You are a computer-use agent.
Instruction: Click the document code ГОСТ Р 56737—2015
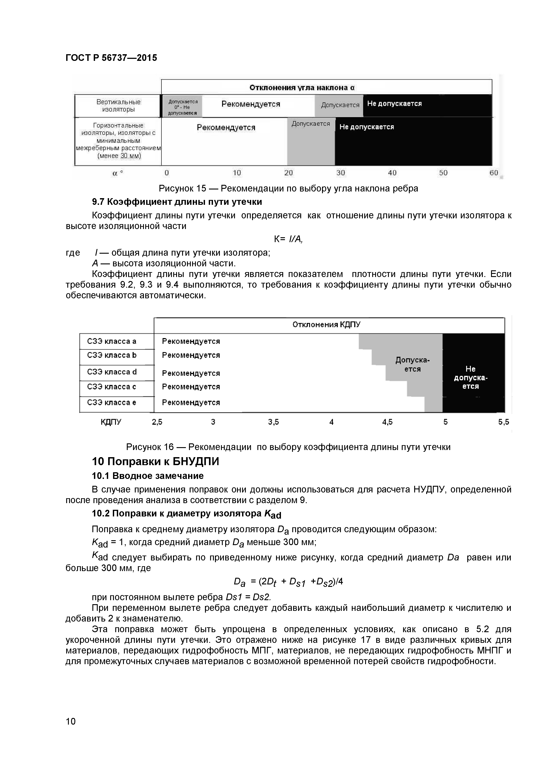(111, 58)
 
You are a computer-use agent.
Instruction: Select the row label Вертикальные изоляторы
(118, 106)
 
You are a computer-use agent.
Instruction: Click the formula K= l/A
(288, 239)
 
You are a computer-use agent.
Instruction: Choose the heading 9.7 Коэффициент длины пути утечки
(177, 202)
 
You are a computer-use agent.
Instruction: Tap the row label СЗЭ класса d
(112, 372)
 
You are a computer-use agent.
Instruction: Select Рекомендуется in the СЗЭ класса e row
(191, 402)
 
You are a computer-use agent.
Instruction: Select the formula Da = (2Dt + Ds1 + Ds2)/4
(288, 582)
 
